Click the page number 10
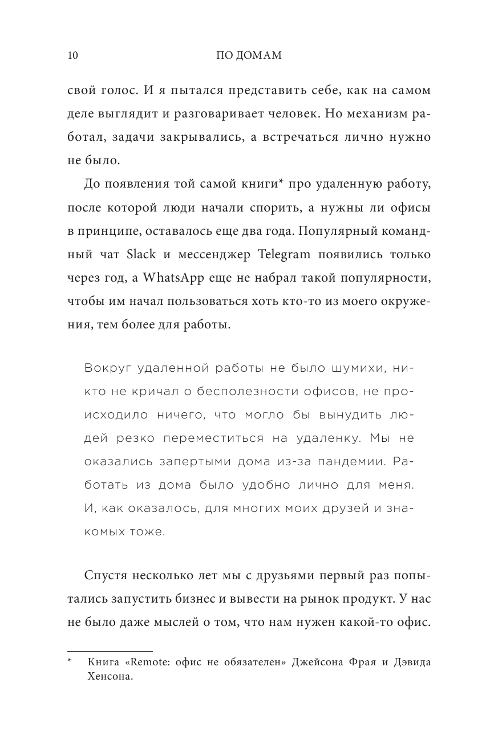click(x=72, y=55)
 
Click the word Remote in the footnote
click(x=145, y=662)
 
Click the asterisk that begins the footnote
click(x=70, y=661)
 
